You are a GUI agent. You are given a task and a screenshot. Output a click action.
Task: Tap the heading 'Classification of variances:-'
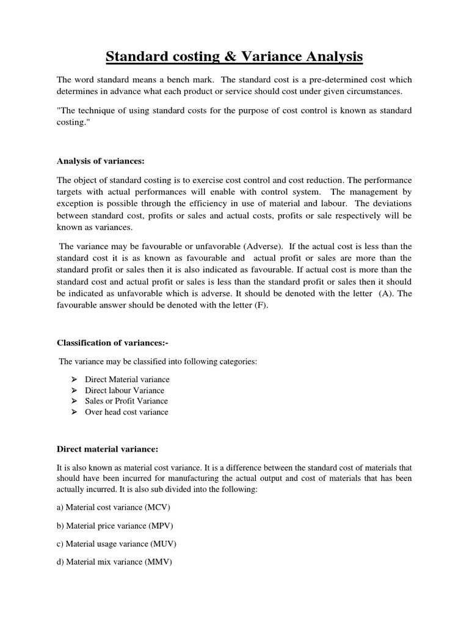[x=112, y=342]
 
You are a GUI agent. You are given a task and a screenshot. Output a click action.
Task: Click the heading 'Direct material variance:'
[x=107, y=449]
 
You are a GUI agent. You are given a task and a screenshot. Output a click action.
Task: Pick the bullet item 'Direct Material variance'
[x=127, y=380]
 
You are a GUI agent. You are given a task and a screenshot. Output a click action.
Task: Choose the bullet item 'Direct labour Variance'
[x=125, y=391]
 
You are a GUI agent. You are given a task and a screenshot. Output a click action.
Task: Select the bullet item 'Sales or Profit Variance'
[x=126, y=401]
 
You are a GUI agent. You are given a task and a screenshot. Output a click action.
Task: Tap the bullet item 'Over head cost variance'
[x=126, y=412]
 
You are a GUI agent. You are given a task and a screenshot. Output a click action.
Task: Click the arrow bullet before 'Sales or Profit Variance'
[x=73, y=401]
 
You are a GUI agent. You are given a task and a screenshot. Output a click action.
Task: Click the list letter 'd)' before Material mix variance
[x=60, y=562]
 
